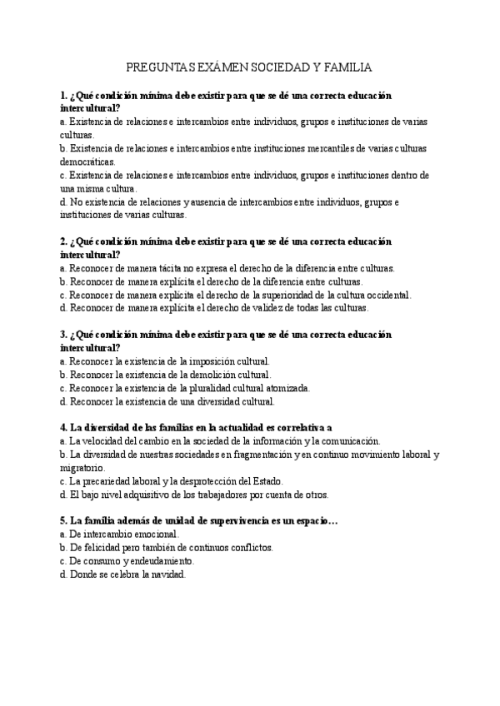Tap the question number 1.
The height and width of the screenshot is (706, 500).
coord(63,96)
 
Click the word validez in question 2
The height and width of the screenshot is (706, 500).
coord(272,307)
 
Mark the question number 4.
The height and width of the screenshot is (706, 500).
coord(63,426)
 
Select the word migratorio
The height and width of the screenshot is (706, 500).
coord(82,467)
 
